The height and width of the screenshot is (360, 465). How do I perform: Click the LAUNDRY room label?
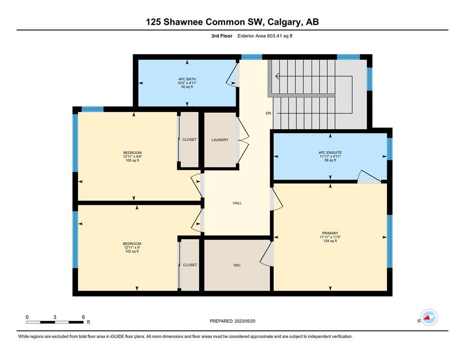(x=220, y=140)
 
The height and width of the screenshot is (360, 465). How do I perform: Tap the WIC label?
(x=237, y=265)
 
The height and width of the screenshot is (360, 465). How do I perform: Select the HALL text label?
(x=237, y=203)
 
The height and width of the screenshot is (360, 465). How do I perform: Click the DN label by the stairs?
(x=268, y=113)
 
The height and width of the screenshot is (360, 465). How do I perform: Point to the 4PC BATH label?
(x=187, y=79)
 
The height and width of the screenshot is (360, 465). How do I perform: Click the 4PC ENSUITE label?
(x=330, y=152)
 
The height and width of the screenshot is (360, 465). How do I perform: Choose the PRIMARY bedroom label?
(x=330, y=233)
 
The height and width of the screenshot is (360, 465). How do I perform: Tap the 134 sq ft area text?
(x=330, y=241)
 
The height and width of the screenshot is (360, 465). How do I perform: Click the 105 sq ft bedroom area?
(x=132, y=160)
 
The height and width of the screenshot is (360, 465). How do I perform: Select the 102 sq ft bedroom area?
(x=132, y=251)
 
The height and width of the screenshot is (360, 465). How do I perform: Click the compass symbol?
(x=429, y=317)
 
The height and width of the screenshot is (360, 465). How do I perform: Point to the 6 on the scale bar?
(x=83, y=317)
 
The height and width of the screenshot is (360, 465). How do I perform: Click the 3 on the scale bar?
(x=55, y=317)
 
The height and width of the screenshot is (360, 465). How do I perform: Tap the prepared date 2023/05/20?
(x=245, y=321)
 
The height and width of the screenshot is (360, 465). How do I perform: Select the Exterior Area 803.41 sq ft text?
(x=265, y=36)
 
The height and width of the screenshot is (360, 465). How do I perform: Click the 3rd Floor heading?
(x=222, y=36)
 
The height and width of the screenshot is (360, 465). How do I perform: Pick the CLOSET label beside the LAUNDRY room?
(x=190, y=140)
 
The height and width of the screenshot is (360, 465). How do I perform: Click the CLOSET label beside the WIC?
(x=190, y=265)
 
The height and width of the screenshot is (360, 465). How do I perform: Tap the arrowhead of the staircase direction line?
(x=276, y=76)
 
